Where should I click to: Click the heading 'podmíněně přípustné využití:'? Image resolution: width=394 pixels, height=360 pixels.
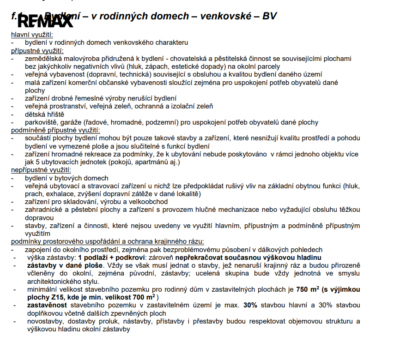click(x=55, y=130)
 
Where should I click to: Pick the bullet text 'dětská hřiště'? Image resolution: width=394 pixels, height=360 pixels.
click(x=44, y=114)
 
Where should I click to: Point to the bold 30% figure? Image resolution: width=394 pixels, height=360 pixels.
click(x=251, y=306)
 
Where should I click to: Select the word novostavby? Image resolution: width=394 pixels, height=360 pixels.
click(x=44, y=321)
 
